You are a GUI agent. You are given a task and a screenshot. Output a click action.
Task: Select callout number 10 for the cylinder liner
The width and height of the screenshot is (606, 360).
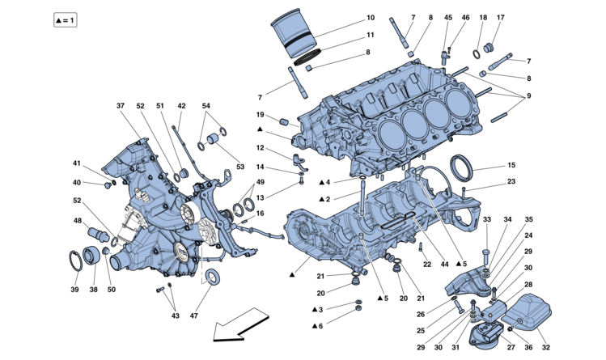(x=370, y=17)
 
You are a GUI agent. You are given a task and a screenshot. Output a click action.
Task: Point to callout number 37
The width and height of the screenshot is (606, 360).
(x=121, y=106)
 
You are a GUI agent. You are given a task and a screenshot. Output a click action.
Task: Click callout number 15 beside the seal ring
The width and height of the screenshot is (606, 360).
(x=511, y=166)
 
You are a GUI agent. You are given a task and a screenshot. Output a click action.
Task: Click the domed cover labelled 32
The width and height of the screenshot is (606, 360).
(x=531, y=312)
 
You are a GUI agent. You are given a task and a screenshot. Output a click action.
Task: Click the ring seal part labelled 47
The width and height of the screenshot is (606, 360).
(x=214, y=277)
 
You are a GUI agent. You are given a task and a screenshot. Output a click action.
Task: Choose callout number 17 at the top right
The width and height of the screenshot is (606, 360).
(x=523, y=17)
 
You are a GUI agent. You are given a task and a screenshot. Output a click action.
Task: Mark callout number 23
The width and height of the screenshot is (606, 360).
(x=511, y=182)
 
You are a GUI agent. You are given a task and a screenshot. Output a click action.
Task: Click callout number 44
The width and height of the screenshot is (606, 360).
(x=445, y=265)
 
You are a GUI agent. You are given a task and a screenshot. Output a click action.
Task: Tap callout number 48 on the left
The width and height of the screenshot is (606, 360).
(x=78, y=221)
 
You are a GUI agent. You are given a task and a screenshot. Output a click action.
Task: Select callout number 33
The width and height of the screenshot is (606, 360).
(x=486, y=219)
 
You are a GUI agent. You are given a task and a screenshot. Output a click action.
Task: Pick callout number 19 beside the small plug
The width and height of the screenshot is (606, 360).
(x=261, y=115)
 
